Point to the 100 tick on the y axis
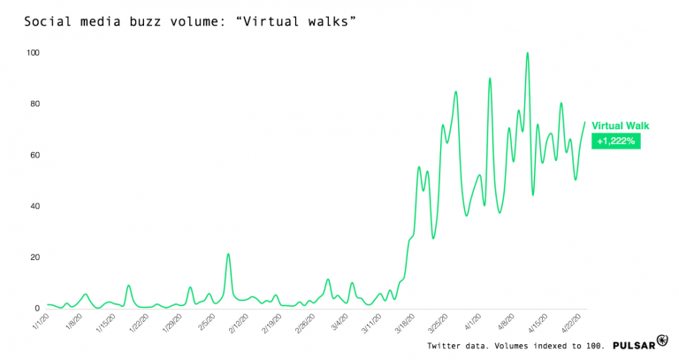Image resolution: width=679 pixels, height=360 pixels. (x=34, y=53)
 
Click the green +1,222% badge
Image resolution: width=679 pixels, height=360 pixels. (x=615, y=141)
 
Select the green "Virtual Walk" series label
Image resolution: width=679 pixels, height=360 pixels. (x=621, y=126)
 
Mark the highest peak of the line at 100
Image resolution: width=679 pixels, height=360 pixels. (x=528, y=53)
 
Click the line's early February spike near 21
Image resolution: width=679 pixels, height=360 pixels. (x=228, y=255)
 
